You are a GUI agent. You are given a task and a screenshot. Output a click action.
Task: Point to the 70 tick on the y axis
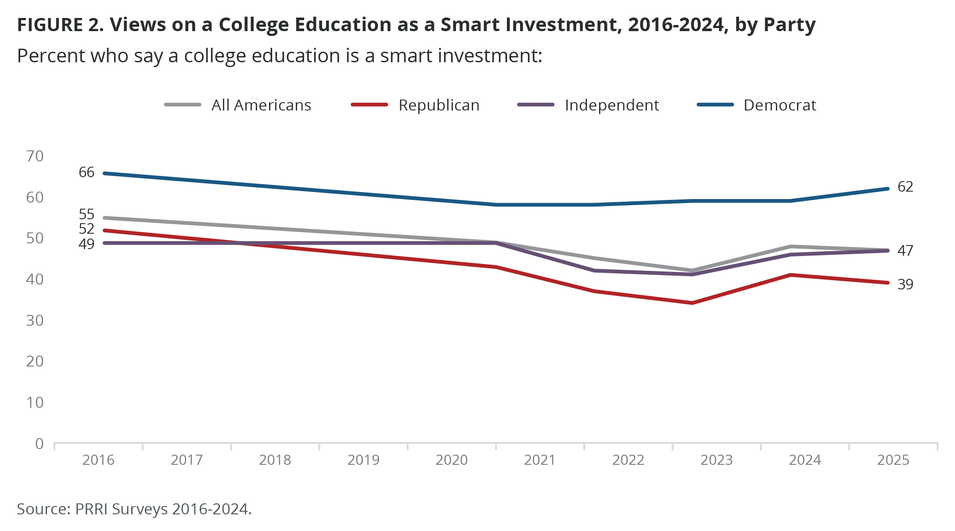pos(35,156)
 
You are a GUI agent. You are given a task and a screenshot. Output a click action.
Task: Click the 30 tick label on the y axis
pos(35,321)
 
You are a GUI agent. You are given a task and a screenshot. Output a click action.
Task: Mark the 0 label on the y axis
pos(39,444)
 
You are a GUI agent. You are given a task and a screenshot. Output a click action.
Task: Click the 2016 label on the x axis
pos(98,460)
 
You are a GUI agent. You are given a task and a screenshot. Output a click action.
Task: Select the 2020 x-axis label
pos(452,460)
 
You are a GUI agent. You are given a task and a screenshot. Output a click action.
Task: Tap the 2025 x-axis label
pos(893,460)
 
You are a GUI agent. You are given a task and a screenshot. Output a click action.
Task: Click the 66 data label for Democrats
pos(86,172)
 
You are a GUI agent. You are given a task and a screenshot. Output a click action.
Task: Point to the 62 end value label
pos(905,187)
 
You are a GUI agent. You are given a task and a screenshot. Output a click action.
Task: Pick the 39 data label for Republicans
pos(905,285)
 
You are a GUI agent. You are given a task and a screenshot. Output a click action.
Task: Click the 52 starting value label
pos(86,229)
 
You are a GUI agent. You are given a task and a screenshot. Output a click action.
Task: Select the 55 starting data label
pos(86,214)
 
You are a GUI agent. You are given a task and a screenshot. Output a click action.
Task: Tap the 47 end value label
pos(905,250)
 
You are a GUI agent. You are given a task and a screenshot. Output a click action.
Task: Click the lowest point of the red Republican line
pos(692,303)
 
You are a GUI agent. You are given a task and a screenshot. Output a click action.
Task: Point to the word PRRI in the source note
pos(91,509)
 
